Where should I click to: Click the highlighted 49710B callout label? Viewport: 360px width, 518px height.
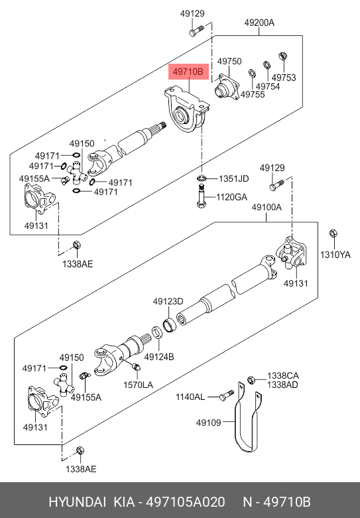click(188, 72)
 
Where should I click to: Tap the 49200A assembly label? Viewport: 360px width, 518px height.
click(259, 23)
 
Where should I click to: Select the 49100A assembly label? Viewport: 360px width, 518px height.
click(267, 207)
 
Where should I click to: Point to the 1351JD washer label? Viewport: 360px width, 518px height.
click(234, 178)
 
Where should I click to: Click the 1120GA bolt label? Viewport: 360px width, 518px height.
click(231, 197)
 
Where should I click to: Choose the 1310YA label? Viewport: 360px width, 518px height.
click(335, 255)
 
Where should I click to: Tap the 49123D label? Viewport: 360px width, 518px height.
click(168, 302)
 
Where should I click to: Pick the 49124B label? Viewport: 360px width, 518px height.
click(159, 357)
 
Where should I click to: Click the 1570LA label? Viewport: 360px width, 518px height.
click(138, 385)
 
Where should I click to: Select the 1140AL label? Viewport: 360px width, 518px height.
click(190, 397)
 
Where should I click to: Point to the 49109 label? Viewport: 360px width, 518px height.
click(208, 422)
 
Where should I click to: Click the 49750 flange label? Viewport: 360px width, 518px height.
click(229, 62)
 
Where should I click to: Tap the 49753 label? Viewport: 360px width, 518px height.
click(284, 78)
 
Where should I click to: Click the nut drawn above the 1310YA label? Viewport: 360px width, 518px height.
click(333, 233)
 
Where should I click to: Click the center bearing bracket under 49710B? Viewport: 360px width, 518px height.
click(187, 109)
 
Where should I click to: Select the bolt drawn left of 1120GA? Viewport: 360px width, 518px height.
click(201, 196)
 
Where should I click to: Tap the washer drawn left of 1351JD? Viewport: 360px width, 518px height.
click(202, 178)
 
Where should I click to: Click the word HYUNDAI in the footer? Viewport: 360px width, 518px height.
click(78, 502)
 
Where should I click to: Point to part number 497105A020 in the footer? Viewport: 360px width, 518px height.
click(185, 502)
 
